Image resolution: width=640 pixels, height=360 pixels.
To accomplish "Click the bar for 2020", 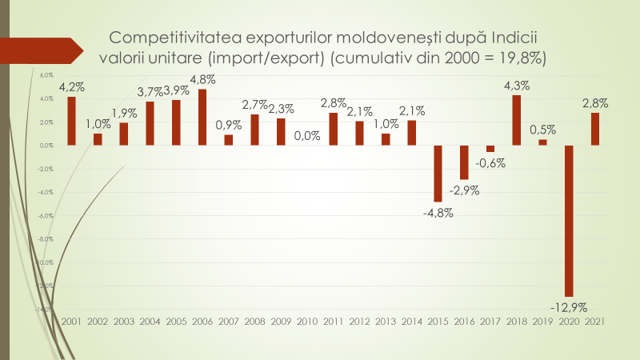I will click(x=569, y=221).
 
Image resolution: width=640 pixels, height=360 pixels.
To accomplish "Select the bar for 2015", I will click(x=438, y=173).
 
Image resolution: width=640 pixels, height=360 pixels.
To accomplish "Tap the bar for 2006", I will click(x=202, y=117).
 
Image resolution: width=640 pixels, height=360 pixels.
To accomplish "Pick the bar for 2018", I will click(x=516, y=120).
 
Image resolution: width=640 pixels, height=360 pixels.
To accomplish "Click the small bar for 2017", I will click(x=490, y=149).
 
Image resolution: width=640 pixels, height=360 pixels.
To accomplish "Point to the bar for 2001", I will click(x=71, y=121).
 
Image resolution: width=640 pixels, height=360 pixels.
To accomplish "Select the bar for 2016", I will click(x=464, y=162).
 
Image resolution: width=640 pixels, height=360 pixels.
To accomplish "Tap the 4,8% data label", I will click(x=202, y=80).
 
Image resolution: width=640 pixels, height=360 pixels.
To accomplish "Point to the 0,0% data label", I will click(x=306, y=136).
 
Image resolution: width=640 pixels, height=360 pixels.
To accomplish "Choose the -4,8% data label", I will click(x=438, y=212).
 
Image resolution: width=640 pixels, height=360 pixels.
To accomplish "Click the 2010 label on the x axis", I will click(x=306, y=321).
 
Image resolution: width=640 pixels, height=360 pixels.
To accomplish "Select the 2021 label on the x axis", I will click(x=594, y=321).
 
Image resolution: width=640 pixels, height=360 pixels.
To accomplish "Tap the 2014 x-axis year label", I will click(x=411, y=321).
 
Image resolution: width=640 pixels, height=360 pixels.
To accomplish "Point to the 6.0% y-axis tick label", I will click(x=46, y=76).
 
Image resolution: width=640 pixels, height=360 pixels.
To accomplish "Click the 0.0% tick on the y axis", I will click(x=46, y=146).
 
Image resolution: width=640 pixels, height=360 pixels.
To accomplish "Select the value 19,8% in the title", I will click(x=518, y=58).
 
